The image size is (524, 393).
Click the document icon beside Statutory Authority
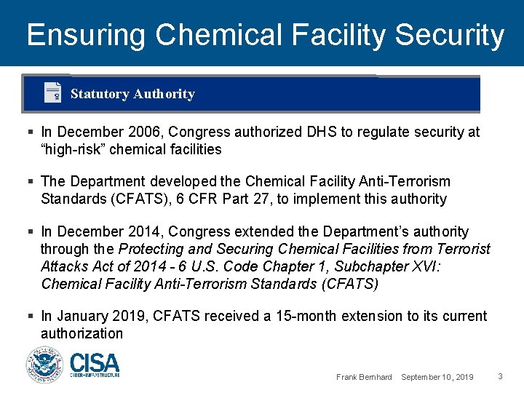[52, 93]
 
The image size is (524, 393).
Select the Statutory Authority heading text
[132, 94]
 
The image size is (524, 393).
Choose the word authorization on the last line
[82, 333]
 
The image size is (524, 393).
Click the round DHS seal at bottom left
[45, 365]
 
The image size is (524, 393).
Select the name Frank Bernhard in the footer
[364, 377]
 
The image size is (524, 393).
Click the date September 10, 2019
[437, 377]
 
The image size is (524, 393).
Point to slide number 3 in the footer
[500, 376]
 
